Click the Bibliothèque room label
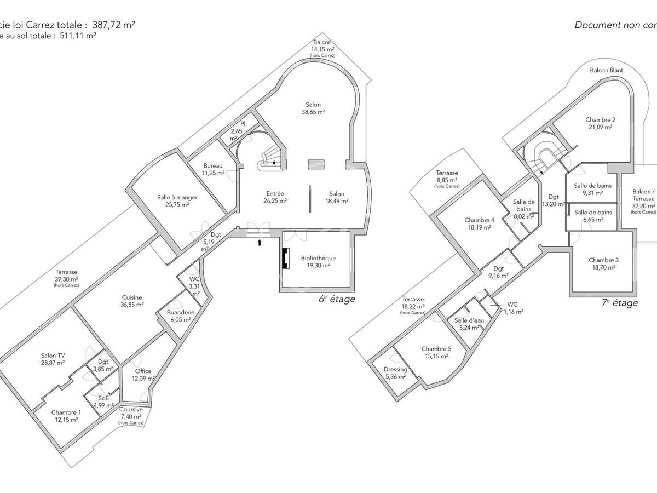318,258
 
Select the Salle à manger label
177,197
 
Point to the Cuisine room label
132,297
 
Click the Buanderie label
180,313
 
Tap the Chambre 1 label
66,412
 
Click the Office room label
143,371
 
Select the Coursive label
131,409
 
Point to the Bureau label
213,166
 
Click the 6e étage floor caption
337,299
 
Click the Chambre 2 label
600,119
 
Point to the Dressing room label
395,369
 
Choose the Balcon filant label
606,71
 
